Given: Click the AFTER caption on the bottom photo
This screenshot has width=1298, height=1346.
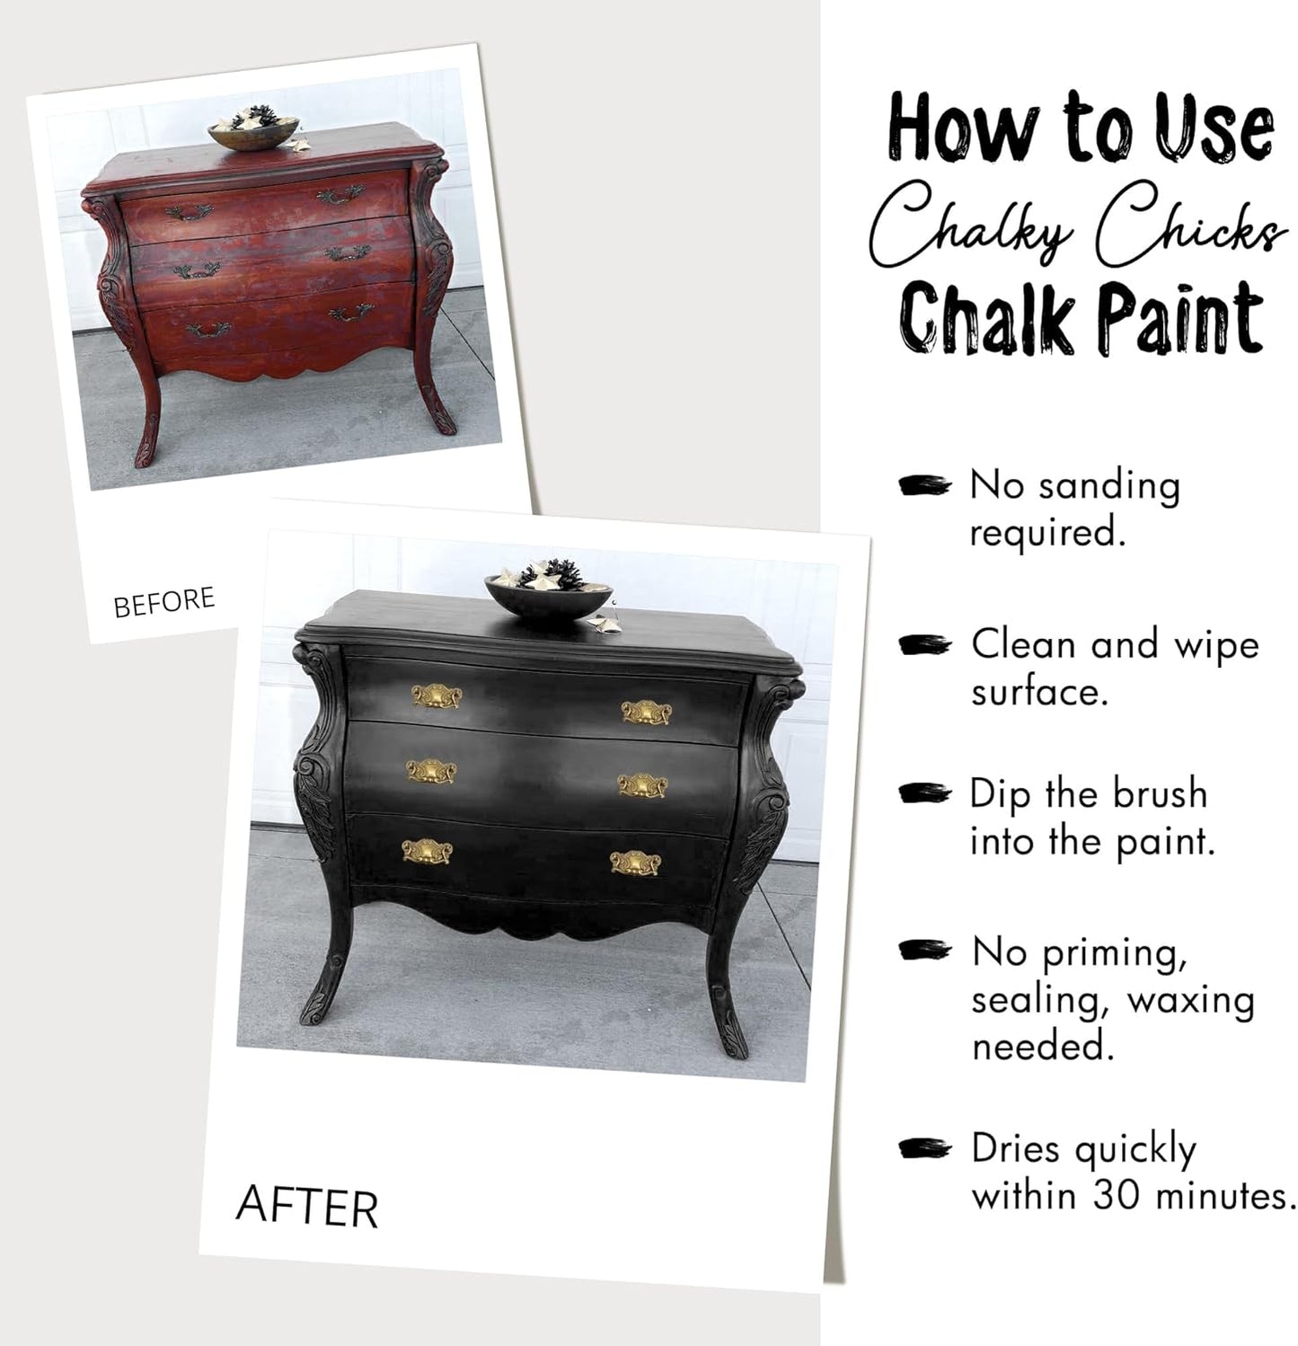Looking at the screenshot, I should coord(306,1207).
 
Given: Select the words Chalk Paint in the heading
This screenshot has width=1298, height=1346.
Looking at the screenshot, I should coord(1082,319).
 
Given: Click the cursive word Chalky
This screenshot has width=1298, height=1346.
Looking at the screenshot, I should coord(971,222).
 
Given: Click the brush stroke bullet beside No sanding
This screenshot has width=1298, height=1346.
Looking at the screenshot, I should coord(924,485).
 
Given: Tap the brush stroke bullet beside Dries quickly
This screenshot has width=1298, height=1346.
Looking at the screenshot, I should coord(924,1147).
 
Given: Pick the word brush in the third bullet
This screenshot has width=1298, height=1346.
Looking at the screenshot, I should coord(1160,794).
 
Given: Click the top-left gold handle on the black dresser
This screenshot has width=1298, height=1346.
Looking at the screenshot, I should coord(437,696).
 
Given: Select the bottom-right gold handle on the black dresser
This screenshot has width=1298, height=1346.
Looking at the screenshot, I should coord(636,863).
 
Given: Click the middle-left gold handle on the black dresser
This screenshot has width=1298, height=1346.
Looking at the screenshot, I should coord(431,772).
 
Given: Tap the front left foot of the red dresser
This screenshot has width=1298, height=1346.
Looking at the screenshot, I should coord(146,446).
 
